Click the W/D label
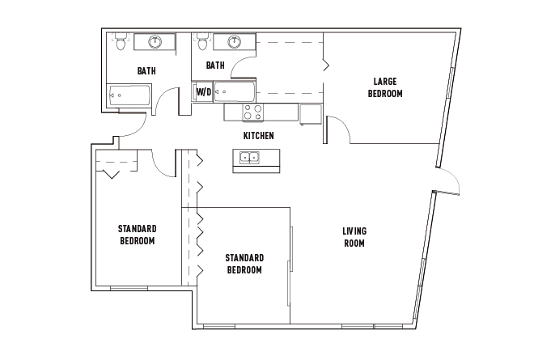tap(203, 91)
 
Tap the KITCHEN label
tap(259, 135)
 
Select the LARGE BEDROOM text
tap(384, 87)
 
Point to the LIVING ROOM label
tap(354, 237)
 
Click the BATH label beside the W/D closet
tap(214, 66)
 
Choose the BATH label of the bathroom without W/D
tap(146, 71)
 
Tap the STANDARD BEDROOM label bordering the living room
tap(244, 264)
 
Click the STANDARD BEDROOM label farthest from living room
tap(137, 235)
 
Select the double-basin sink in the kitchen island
tap(251, 157)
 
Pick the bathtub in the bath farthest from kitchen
tap(129, 96)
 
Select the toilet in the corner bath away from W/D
tap(121, 43)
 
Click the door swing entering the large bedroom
tap(338, 129)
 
